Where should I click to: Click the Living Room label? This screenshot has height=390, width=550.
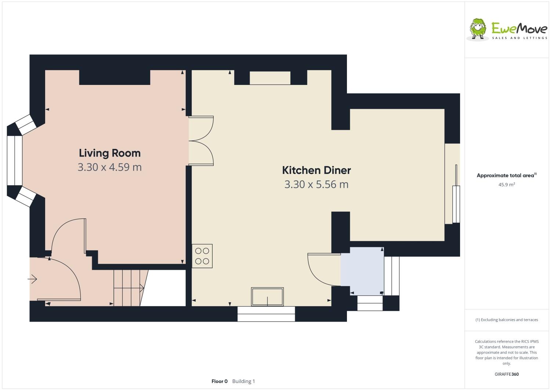[x=109, y=153]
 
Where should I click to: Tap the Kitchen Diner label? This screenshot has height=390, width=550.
[x=316, y=170]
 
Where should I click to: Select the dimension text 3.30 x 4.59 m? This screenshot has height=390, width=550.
[x=109, y=167]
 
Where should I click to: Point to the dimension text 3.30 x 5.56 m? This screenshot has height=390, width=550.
[x=316, y=184]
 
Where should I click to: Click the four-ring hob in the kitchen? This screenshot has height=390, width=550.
[x=202, y=256]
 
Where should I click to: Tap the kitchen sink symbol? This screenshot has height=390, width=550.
[x=267, y=297]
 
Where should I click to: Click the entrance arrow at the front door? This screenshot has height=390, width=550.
[x=33, y=279]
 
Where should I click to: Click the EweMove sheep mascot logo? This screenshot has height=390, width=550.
[x=478, y=28]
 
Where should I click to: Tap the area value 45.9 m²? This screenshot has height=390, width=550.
[x=506, y=185]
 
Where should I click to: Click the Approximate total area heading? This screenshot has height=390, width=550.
[x=505, y=176]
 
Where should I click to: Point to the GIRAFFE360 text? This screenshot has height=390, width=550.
[x=506, y=374]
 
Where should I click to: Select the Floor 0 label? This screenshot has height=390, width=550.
[x=220, y=381]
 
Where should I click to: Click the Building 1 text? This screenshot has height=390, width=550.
[x=243, y=381]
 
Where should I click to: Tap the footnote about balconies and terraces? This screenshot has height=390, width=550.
[x=506, y=320]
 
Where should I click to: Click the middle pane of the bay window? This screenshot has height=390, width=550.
[x=15, y=161]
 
